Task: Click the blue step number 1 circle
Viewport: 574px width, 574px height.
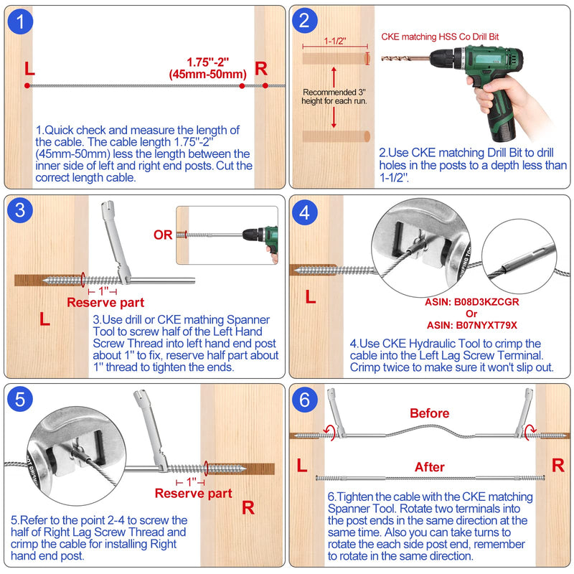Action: pyautogui.click(x=20, y=22)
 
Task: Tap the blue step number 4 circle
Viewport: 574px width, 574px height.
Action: pyautogui.click(x=304, y=212)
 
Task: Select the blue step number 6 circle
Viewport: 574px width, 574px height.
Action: pyautogui.click(x=304, y=400)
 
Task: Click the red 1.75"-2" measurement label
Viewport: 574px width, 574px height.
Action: pyautogui.click(x=207, y=62)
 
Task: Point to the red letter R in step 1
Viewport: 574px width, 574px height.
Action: pyautogui.click(x=261, y=68)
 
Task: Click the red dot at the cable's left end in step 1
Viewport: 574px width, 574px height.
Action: pyautogui.click(x=27, y=85)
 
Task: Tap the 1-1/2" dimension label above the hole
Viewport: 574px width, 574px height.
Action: pyautogui.click(x=335, y=41)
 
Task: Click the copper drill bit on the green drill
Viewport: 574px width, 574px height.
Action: pyautogui.click(x=405, y=58)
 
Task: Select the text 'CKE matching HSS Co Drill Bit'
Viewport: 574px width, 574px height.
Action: pyautogui.click(x=440, y=37)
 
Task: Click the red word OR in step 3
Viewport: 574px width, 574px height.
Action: pyautogui.click(x=163, y=235)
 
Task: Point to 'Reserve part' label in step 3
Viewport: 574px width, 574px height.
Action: pyautogui.click(x=105, y=302)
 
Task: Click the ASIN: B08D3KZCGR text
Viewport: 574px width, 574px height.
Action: pyautogui.click(x=472, y=302)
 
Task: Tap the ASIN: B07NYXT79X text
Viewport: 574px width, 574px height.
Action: pyautogui.click(x=472, y=325)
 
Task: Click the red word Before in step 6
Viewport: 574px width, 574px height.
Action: pyautogui.click(x=429, y=413)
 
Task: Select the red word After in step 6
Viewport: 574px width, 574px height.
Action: pyautogui.click(x=429, y=467)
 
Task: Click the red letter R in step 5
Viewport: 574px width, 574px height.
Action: pyautogui.click(x=248, y=508)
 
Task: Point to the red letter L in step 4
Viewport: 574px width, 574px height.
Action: pyautogui.click(x=311, y=296)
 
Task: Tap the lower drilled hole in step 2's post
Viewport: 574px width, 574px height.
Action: pyautogui.click(x=336, y=136)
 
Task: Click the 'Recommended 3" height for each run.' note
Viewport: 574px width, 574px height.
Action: pyautogui.click(x=334, y=97)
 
